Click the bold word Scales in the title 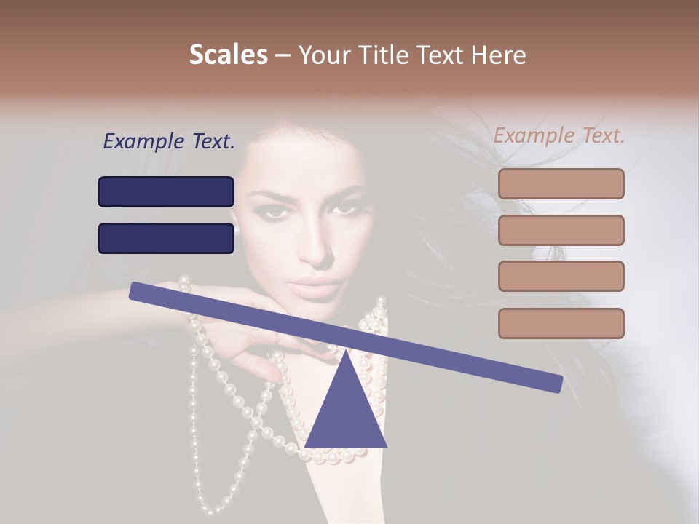[228, 55]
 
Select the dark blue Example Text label [169, 142]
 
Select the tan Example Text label [559, 135]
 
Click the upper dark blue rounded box [166, 191]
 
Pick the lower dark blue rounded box [166, 238]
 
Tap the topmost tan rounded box [561, 183]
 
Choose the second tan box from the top [561, 230]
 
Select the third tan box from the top [561, 277]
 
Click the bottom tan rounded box [561, 323]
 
